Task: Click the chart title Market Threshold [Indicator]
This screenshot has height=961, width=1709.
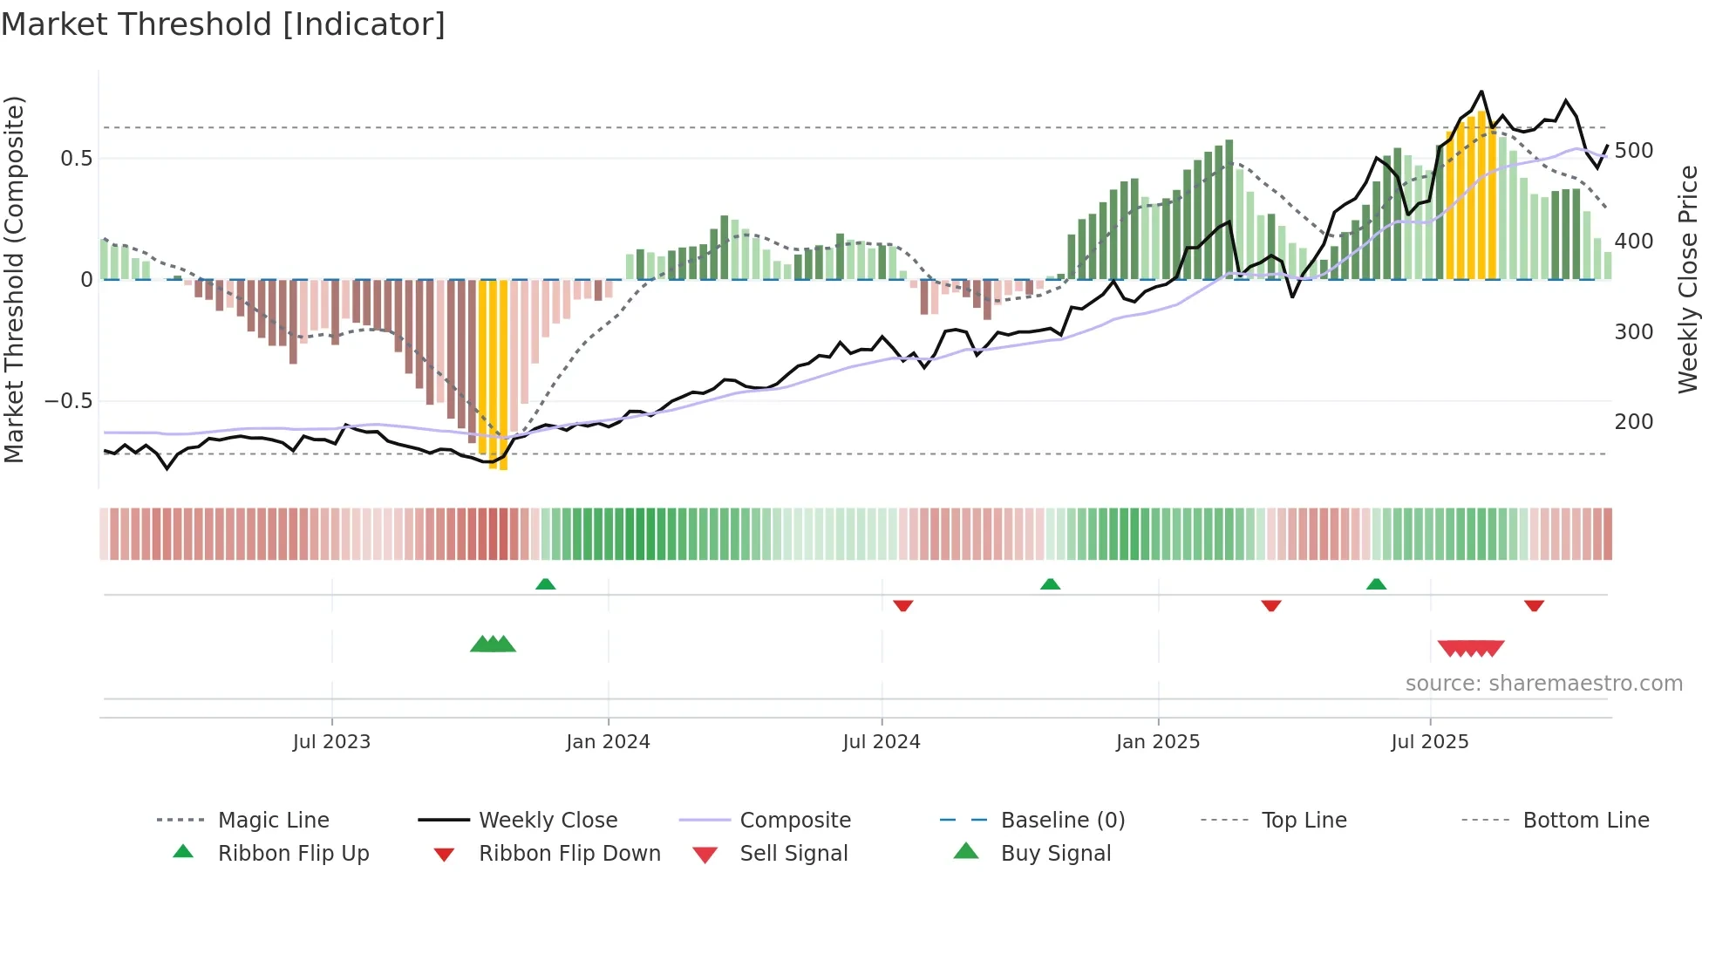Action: coord(223,24)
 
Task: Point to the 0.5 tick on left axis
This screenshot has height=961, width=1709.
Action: coord(76,159)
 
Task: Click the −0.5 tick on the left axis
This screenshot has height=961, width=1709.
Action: coord(69,401)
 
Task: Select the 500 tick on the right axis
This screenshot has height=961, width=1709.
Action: coord(1633,151)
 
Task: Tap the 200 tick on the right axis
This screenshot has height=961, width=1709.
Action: coord(1633,422)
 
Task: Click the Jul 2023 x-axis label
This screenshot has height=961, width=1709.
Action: coord(331,742)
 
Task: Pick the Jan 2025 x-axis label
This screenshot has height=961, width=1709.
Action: coord(1157,742)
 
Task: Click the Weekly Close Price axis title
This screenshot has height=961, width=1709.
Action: coord(1688,279)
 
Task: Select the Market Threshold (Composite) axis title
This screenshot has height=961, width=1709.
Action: coord(15,279)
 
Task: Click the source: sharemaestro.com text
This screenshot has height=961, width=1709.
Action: coord(1543,684)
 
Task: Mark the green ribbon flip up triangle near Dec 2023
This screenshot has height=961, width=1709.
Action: coord(545,584)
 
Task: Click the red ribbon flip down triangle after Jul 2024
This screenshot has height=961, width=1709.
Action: coord(902,605)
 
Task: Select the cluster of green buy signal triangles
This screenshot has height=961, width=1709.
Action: coord(493,644)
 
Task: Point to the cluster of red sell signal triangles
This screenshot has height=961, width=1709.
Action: coord(1471,648)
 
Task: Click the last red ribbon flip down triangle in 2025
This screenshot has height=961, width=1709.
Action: coord(1534,605)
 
